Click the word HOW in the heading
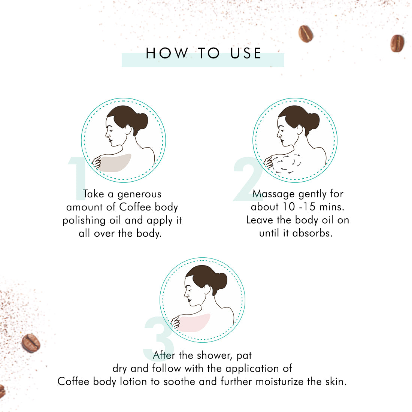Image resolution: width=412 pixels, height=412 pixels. (x=167, y=53)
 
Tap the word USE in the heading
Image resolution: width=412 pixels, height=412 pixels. (x=246, y=53)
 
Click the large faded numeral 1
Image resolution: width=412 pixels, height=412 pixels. (x=77, y=178)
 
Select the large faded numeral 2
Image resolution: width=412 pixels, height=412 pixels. (x=248, y=179)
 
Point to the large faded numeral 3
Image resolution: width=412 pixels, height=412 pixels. (x=158, y=339)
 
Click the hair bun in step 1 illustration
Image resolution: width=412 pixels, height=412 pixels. (x=141, y=122)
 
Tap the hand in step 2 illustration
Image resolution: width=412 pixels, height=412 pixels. (x=269, y=161)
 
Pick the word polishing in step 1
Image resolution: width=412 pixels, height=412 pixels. (x=84, y=221)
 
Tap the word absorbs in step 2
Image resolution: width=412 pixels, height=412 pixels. (x=312, y=233)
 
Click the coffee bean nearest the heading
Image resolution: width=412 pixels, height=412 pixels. (x=306, y=34)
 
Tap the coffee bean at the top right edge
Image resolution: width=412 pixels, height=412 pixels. (x=397, y=43)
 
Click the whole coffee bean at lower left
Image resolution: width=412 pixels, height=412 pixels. (x=31, y=343)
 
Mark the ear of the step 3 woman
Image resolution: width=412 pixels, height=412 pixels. (x=207, y=289)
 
